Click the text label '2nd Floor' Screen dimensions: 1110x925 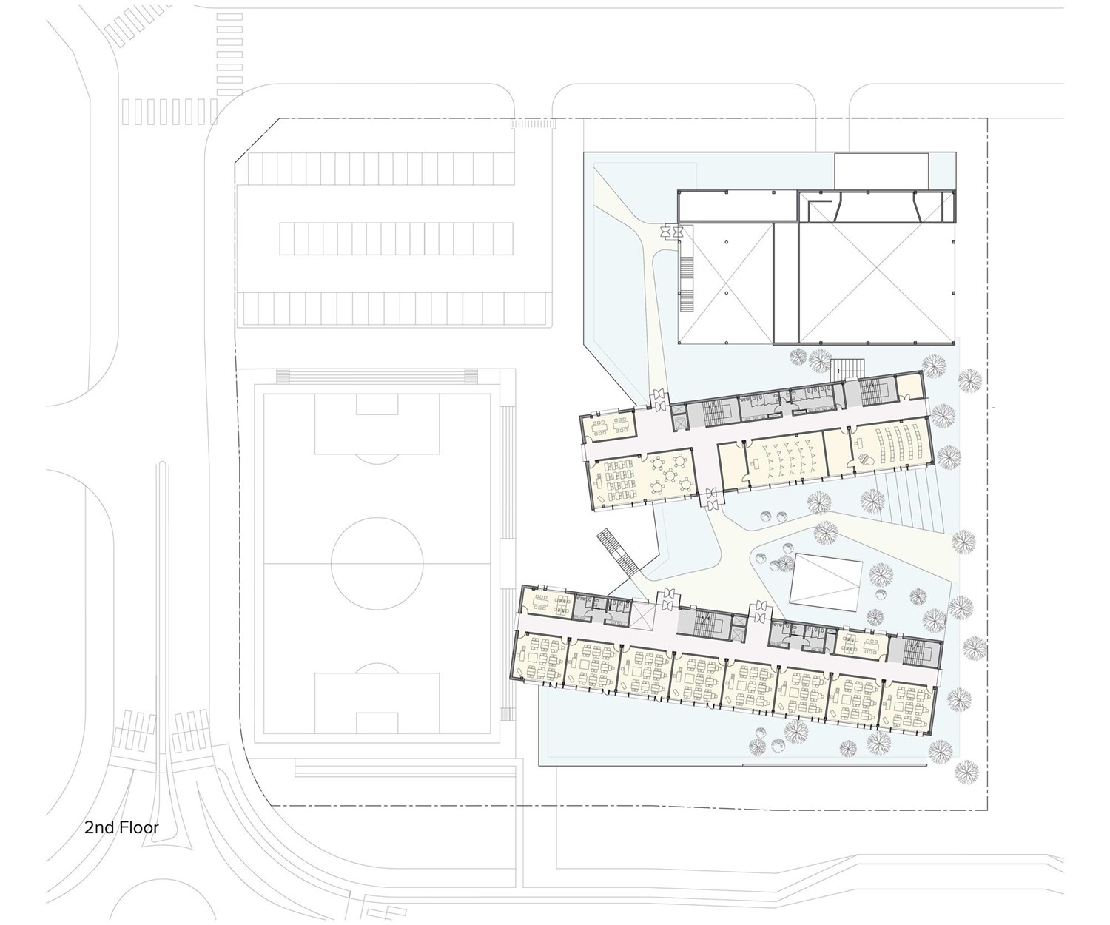(x=121, y=828)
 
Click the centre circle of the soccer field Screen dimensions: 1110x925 (x=377, y=563)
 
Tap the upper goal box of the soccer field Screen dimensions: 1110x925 (x=377, y=424)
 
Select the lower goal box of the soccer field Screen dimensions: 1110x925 (x=377, y=703)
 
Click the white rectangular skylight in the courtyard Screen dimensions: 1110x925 (x=826, y=584)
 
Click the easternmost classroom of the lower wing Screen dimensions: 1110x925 (x=907, y=707)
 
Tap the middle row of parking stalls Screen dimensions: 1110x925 (x=396, y=239)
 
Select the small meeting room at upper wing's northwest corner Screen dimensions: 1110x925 (x=610, y=426)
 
